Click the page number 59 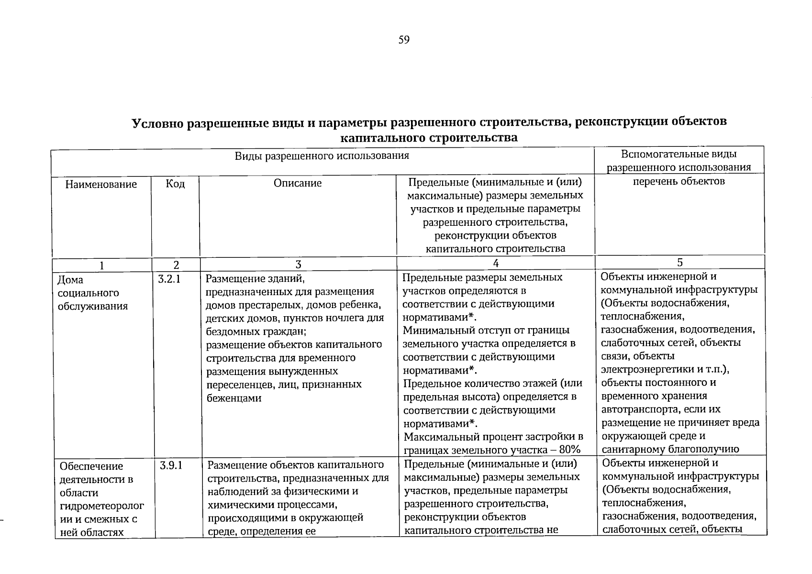[x=404, y=40]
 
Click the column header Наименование [x=101, y=184]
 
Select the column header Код [x=175, y=184]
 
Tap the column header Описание [x=298, y=183]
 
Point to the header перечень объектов [x=679, y=181]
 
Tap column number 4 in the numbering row [x=496, y=264]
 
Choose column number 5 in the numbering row [x=679, y=262]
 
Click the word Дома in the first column [x=70, y=280]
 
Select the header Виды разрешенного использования [x=322, y=156]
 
